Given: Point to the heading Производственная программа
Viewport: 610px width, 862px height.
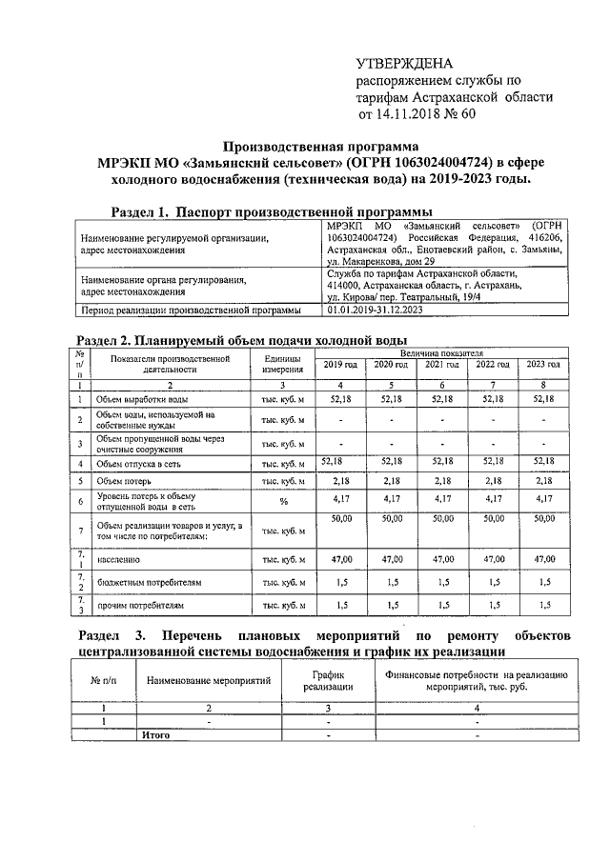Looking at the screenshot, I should [320, 147].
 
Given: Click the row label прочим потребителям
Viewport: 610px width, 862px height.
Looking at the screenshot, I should [139, 605].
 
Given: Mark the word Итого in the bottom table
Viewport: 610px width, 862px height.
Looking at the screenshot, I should [155, 735].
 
